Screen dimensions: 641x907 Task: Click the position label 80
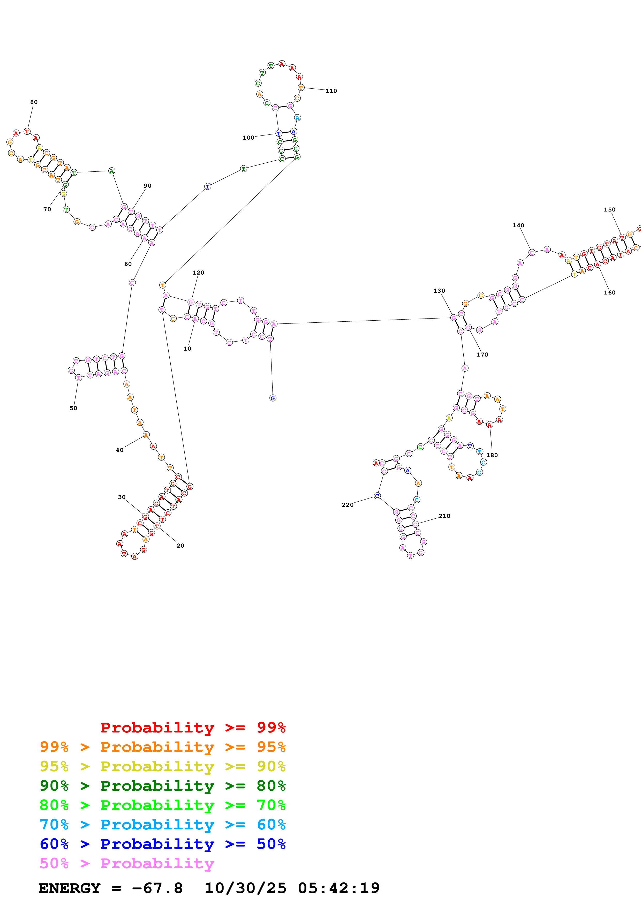click(x=34, y=102)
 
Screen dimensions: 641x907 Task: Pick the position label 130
click(x=439, y=291)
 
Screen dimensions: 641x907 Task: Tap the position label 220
click(x=347, y=505)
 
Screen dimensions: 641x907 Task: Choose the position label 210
click(x=444, y=516)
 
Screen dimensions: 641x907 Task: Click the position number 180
click(x=492, y=455)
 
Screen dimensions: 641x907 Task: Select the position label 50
click(x=73, y=408)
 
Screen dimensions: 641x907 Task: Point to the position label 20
click(x=180, y=546)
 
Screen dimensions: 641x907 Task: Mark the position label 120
click(x=198, y=273)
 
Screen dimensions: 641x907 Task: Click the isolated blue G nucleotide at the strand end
click(x=273, y=398)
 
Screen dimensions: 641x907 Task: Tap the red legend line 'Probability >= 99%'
click(x=193, y=727)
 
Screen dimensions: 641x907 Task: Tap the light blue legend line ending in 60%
click(x=162, y=825)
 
